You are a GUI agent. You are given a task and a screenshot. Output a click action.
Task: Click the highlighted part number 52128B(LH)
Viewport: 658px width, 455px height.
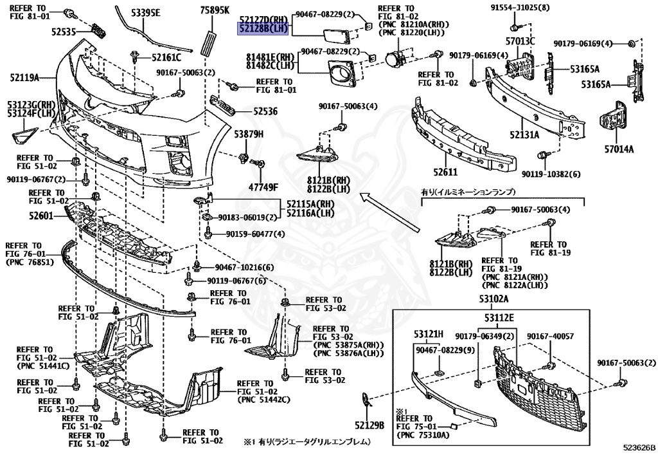point(263,29)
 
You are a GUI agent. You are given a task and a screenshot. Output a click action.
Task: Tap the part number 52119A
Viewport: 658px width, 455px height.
point(24,78)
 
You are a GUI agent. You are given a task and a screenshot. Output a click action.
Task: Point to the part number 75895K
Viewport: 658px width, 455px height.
point(215,11)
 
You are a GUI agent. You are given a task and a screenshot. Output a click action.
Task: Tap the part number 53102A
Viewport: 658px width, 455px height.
point(493,299)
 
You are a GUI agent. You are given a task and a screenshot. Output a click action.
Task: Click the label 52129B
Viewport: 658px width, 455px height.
point(369,425)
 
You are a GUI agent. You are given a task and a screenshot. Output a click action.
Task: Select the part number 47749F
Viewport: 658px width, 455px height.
point(263,187)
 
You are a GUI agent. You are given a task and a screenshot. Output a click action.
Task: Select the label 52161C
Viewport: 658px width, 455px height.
point(167,57)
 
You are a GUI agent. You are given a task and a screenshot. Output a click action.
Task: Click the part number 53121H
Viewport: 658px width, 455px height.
point(429,333)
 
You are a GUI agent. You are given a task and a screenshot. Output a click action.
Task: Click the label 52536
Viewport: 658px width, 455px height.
point(264,111)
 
